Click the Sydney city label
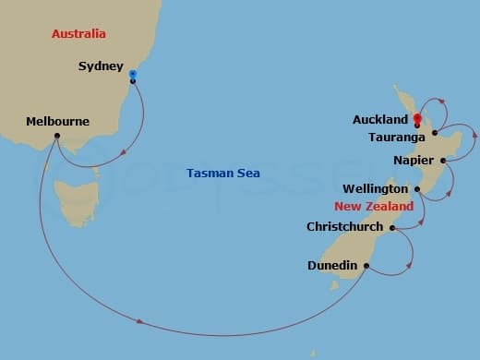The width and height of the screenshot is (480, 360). pyautogui.click(x=101, y=66)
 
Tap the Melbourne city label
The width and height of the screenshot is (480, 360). pyautogui.click(x=57, y=122)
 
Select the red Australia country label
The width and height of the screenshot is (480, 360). pyautogui.click(x=78, y=34)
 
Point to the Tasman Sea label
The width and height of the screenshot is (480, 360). pyautogui.click(x=222, y=173)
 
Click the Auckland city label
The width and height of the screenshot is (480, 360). pyautogui.click(x=379, y=120)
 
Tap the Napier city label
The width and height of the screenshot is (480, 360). pyautogui.click(x=413, y=160)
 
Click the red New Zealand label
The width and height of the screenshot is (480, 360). pyautogui.click(x=374, y=207)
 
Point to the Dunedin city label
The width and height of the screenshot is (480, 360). pyautogui.click(x=332, y=266)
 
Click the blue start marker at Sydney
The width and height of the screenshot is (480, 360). pyautogui.click(x=133, y=74)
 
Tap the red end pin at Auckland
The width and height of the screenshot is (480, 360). pyautogui.click(x=417, y=118)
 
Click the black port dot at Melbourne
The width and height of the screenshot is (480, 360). pyautogui.click(x=57, y=137)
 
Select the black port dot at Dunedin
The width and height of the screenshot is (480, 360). pyautogui.click(x=366, y=267)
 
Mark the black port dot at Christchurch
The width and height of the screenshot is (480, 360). pyautogui.click(x=392, y=227)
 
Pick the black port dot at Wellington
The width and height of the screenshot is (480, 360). pyautogui.click(x=417, y=189)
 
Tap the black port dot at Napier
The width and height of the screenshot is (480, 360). pyautogui.click(x=444, y=161)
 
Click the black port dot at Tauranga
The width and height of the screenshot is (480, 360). pyautogui.click(x=433, y=134)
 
